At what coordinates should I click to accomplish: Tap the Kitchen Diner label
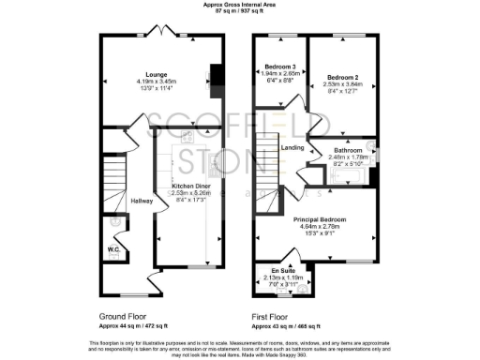pos(189,186)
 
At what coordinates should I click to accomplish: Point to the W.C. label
pos(112,249)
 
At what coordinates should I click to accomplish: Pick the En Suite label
pos(284,271)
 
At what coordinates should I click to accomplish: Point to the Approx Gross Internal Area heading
pos(239,6)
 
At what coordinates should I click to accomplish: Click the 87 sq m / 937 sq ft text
pos(239,13)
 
